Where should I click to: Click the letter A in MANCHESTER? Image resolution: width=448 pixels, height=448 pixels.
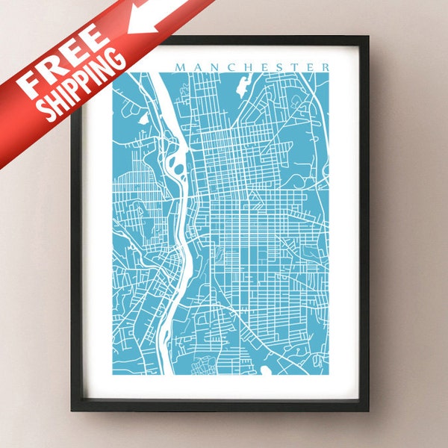point(195,67)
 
